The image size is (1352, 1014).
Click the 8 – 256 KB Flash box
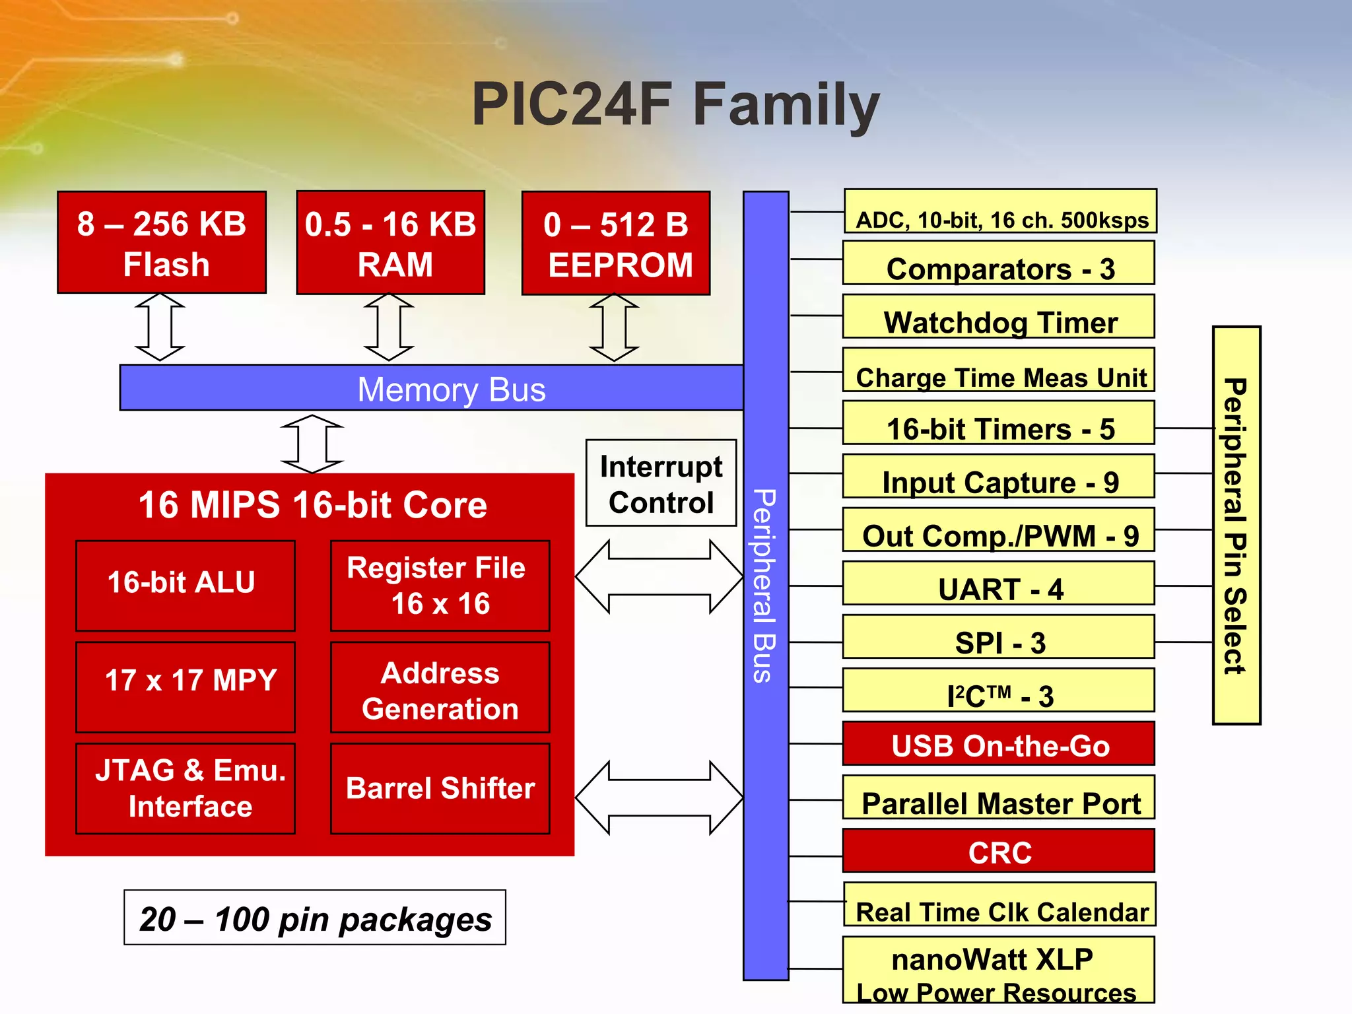coord(162,242)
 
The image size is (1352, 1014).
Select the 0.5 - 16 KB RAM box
coord(390,243)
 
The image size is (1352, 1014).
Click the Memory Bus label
coord(451,389)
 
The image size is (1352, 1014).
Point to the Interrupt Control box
coord(661,483)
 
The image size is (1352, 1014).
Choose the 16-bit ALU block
coord(185,585)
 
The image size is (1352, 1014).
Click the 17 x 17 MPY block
coord(185,687)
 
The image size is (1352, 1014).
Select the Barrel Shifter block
coord(440,788)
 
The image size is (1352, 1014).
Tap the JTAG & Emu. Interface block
coord(185,788)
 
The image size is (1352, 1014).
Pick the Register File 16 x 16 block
coord(440,586)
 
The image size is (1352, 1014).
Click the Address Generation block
coord(440,687)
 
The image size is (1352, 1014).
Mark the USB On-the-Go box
coord(999,744)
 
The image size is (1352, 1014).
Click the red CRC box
coord(999,851)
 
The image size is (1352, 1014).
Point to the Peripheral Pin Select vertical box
coord(1236,525)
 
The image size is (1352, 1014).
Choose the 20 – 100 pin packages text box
coord(315,918)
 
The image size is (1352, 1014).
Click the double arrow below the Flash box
coord(160,327)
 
